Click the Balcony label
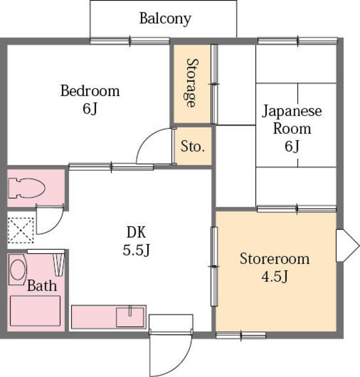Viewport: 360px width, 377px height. (x=165, y=19)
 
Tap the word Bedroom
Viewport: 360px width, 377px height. (x=90, y=91)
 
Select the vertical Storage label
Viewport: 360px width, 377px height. (x=193, y=82)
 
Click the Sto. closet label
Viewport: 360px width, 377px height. (x=193, y=146)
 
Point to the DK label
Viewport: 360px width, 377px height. (x=136, y=232)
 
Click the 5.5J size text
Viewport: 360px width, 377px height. (x=136, y=250)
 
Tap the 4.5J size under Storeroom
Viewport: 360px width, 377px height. (x=275, y=277)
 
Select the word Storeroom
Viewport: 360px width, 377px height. (x=275, y=259)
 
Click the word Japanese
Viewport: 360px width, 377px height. (x=292, y=111)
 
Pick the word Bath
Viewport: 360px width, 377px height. (x=42, y=286)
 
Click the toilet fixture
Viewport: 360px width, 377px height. (x=27, y=188)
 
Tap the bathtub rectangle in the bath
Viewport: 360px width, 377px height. (x=35, y=311)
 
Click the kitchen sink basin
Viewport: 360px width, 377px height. (x=130, y=317)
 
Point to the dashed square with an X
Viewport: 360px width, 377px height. (x=21, y=230)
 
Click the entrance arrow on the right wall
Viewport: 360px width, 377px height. (x=348, y=246)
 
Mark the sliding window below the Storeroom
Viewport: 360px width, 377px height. (x=241, y=335)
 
